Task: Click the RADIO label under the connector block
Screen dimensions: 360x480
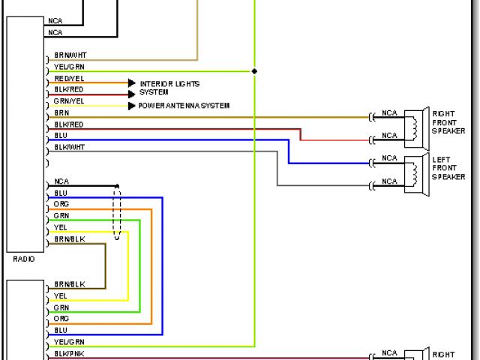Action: click(24, 259)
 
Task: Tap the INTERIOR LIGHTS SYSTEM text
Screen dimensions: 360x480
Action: click(169, 88)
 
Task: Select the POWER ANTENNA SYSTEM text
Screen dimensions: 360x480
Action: click(184, 106)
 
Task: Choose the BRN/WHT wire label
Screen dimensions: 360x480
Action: click(70, 55)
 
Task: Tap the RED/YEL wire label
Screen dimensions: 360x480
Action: click(69, 78)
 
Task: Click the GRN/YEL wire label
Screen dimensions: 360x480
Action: click(69, 100)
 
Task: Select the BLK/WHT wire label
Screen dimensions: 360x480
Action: click(70, 147)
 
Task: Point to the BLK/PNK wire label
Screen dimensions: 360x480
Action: click(69, 352)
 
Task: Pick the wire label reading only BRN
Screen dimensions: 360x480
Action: click(61, 112)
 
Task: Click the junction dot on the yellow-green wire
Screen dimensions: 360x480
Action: click(254, 71)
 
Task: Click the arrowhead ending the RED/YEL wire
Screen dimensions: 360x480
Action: click(132, 82)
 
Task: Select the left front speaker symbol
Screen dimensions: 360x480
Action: click(415, 171)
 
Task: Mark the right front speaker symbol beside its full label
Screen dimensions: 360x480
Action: click(415, 125)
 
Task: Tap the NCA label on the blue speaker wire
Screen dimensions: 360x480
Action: click(389, 158)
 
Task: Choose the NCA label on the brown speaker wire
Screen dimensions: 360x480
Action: click(389, 113)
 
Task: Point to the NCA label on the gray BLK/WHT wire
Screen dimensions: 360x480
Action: click(389, 181)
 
